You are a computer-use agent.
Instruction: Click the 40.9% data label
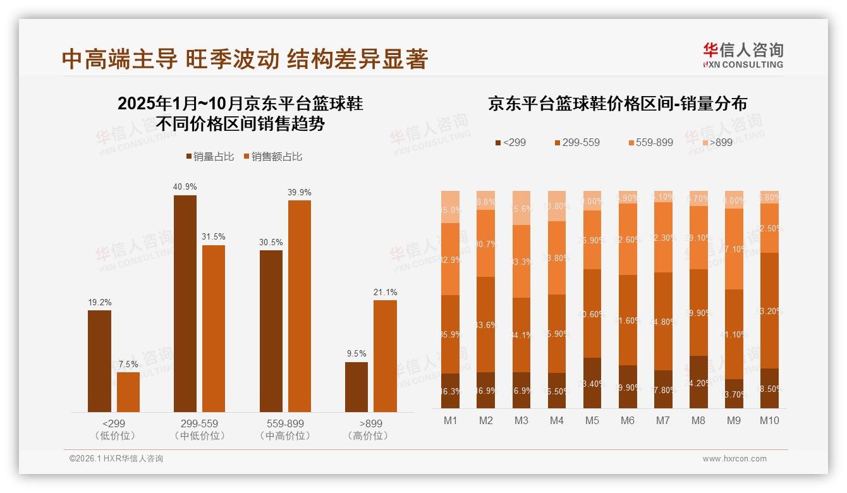point(185,186)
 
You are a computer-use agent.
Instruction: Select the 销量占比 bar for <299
point(99,361)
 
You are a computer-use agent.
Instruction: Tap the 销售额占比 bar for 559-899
point(300,306)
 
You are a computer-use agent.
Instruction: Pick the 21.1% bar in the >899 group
point(385,356)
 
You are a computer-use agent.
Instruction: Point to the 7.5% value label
point(128,363)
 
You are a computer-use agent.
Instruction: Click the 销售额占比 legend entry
point(272,157)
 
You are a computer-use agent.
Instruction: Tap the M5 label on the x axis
point(592,420)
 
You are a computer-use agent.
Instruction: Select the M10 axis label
point(769,420)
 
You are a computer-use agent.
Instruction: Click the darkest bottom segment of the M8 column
point(698,382)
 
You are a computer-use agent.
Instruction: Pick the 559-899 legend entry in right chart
point(650,142)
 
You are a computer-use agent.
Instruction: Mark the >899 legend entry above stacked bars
point(716,142)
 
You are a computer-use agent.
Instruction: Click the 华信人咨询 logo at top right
point(743,55)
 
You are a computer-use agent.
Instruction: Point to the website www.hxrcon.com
point(734,459)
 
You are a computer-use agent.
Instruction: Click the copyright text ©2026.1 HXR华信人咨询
point(116,459)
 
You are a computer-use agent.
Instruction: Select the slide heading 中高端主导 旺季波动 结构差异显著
point(245,59)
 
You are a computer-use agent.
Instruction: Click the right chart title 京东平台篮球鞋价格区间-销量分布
point(617,104)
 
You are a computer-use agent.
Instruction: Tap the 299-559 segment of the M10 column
point(769,310)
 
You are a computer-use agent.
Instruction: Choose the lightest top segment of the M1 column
point(450,207)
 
